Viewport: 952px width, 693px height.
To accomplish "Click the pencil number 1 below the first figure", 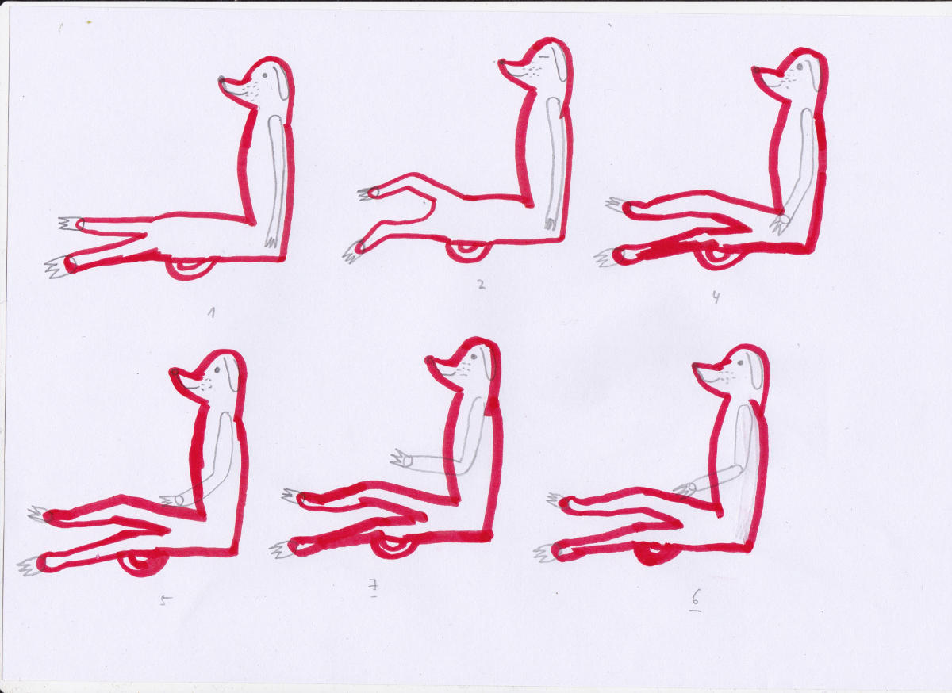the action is coord(211,313).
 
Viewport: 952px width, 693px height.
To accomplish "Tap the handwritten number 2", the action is coord(481,285).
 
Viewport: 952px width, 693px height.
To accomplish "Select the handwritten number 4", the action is coord(716,298).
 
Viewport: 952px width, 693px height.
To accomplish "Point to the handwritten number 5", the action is coord(166,600).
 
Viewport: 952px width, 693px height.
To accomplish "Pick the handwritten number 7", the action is coord(373,588).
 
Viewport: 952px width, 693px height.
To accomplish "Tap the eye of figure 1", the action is coord(265,75).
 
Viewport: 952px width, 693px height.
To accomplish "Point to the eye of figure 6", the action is coord(740,363).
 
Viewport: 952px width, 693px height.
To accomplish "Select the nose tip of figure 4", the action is coord(755,69).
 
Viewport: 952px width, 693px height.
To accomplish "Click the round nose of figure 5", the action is coord(175,372).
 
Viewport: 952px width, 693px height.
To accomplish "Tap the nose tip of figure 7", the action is coord(429,360).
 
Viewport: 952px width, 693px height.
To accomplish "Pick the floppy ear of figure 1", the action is coord(281,82).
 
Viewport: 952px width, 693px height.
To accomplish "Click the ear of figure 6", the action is coord(755,370).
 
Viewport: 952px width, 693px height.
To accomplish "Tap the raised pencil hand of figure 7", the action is coord(401,459).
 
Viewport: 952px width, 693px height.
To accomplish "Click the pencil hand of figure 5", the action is coord(173,501).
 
